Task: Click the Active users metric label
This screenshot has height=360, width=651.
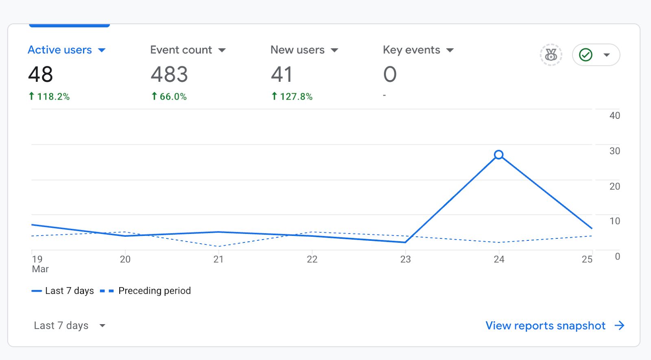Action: (x=60, y=50)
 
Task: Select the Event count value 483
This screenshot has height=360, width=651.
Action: (x=169, y=74)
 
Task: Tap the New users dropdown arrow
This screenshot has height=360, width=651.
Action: (x=334, y=50)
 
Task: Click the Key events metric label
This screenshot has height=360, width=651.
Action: (x=411, y=50)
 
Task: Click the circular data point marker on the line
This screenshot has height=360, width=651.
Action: (x=499, y=155)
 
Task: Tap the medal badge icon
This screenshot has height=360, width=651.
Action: (x=551, y=55)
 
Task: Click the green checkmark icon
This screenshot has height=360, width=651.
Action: (x=585, y=55)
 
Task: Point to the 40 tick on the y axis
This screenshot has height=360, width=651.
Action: (x=614, y=116)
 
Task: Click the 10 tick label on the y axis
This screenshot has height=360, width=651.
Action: (x=614, y=221)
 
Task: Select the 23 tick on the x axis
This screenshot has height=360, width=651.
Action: (x=405, y=260)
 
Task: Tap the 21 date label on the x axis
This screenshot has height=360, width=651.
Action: (x=218, y=260)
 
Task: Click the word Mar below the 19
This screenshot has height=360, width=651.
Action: (x=40, y=269)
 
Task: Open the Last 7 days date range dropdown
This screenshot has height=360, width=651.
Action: (x=69, y=325)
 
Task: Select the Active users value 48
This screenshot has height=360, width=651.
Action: (x=41, y=74)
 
